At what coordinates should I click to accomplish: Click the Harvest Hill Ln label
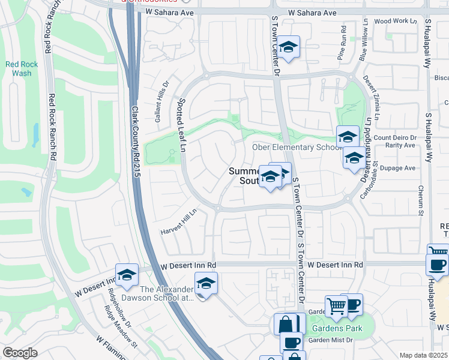[x=178, y=222]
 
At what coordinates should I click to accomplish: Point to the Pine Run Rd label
[x=343, y=42]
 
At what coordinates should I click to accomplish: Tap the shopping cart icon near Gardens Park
[x=336, y=307]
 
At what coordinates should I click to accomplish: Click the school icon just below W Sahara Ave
[x=289, y=47]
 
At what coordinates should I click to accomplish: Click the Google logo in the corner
[x=20, y=353]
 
